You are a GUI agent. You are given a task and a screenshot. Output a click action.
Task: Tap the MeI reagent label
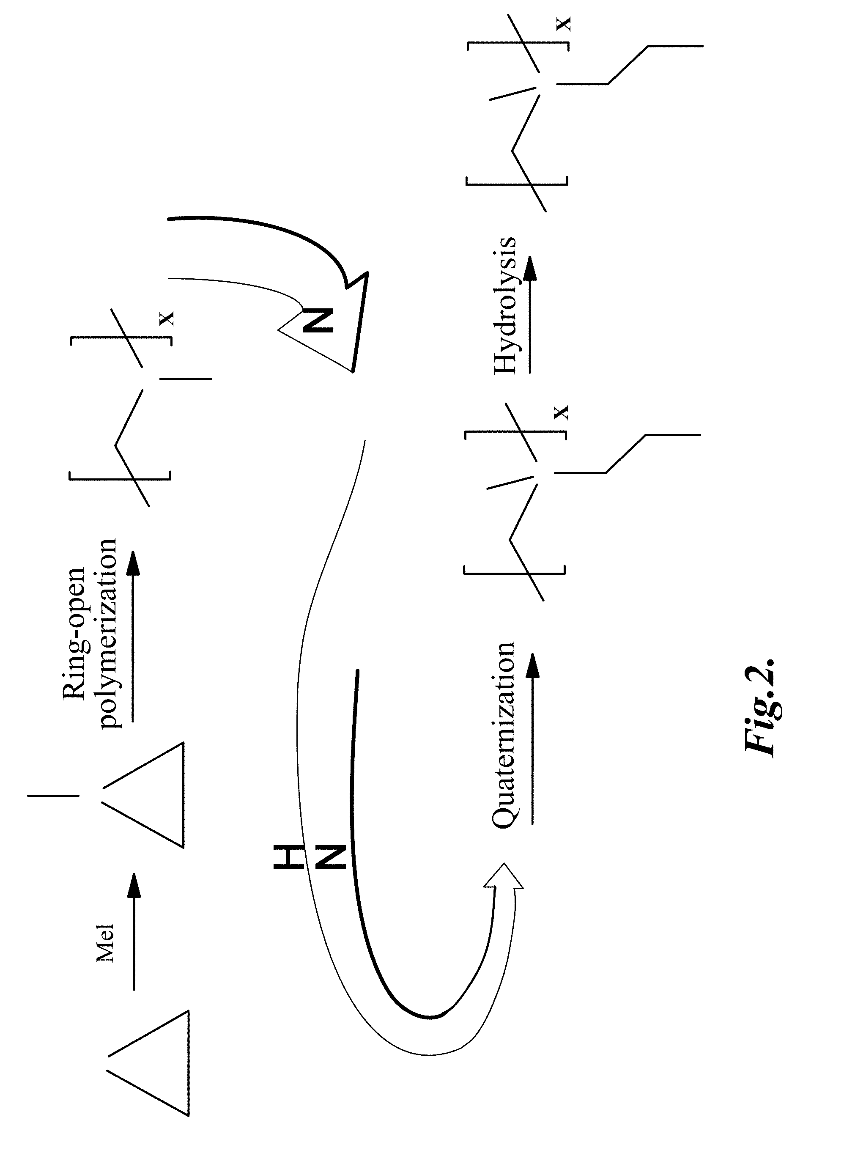[106, 942]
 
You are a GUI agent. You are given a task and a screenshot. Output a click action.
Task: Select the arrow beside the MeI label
[134, 931]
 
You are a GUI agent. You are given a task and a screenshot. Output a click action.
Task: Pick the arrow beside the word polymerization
[134, 637]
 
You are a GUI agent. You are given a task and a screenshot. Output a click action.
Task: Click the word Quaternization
[503, 734]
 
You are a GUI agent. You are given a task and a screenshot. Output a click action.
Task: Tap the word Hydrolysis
[505, 305]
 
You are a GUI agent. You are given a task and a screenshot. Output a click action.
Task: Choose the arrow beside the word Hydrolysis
[531, 314]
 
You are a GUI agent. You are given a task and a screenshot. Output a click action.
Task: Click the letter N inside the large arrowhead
[318, 320]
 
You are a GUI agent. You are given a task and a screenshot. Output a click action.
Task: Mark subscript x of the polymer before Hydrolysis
[562, 412]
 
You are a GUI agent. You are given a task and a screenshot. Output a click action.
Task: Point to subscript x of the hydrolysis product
[564, 24]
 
